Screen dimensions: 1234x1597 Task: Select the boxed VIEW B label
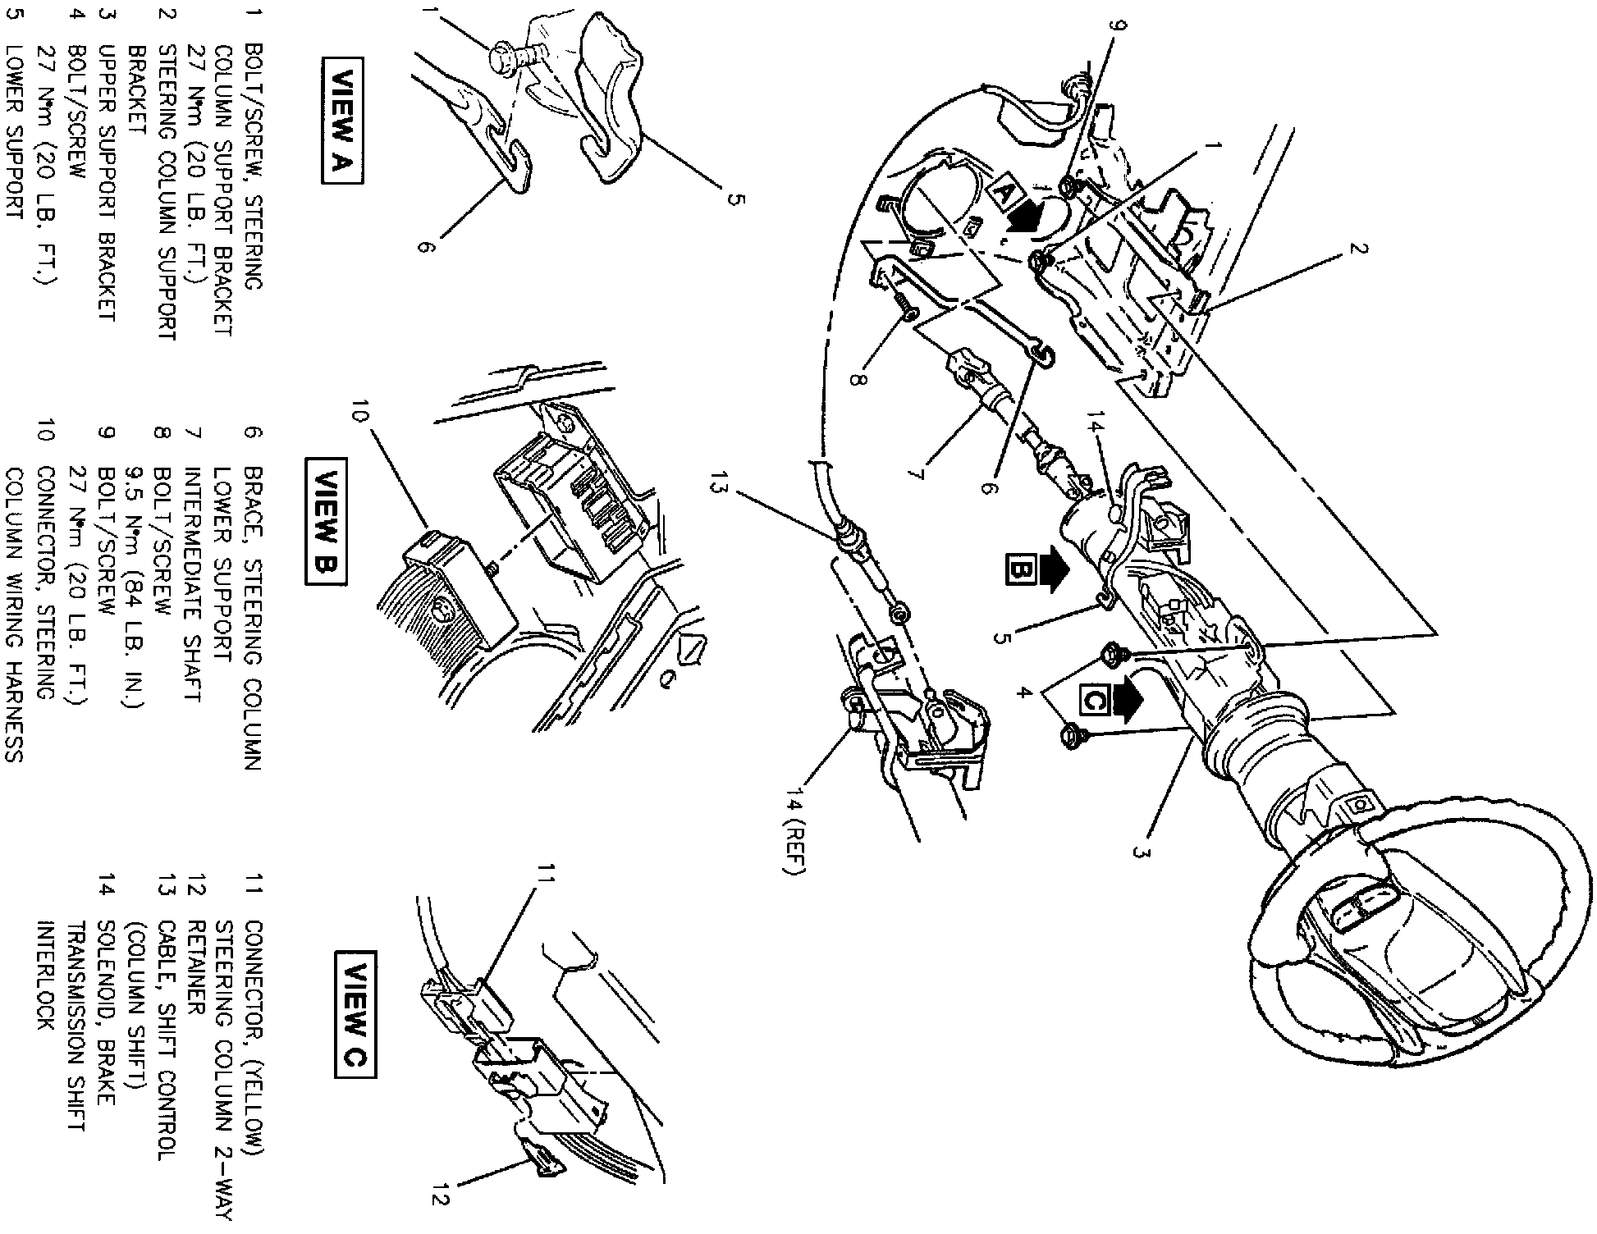326,523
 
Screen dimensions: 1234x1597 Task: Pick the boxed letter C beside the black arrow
1094,700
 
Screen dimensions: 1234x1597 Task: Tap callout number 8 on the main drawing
858,382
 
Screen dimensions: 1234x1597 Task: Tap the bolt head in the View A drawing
498,58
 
